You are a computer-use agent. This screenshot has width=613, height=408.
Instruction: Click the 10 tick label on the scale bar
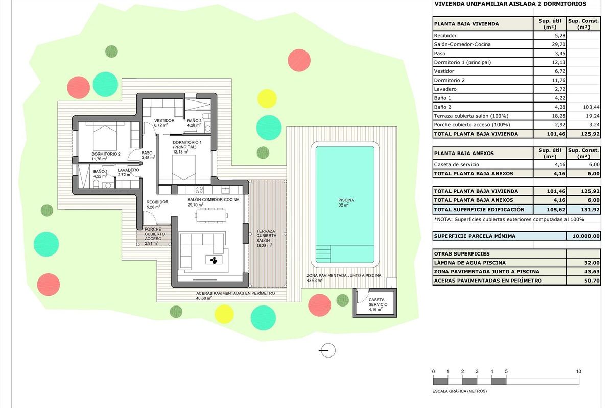[578, 371]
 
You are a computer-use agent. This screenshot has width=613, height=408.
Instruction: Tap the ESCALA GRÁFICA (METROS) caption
[460, 391]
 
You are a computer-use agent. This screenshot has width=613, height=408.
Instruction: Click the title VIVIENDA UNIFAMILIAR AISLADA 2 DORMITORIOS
[510, 4]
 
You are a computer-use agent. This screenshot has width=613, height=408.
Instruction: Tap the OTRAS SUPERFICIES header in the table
[462, 253]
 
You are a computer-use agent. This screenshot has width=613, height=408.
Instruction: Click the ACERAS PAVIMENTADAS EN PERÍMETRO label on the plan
[235, 294]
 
